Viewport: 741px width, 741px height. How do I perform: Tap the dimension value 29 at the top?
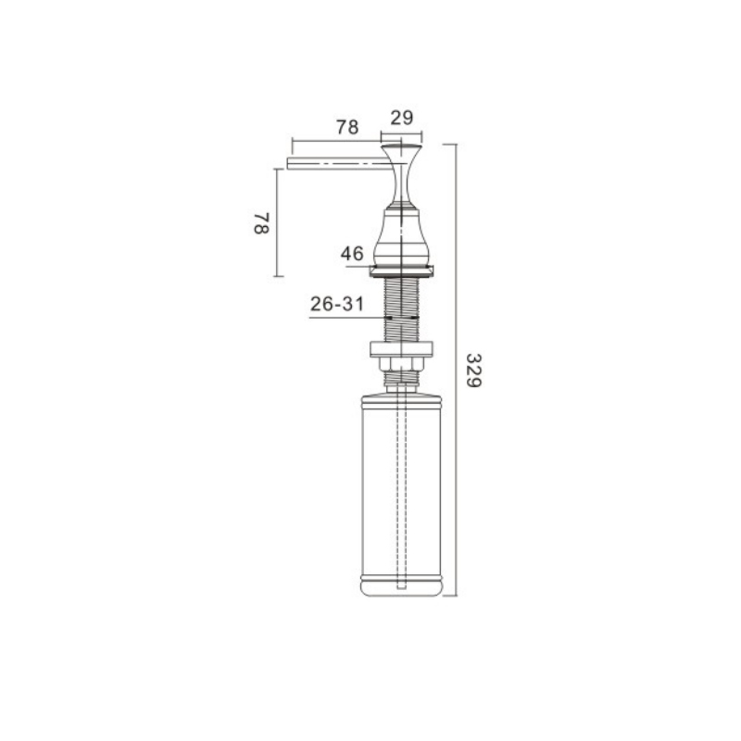coord(402,118)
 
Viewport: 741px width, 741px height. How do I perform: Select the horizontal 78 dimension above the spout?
coord(347,127)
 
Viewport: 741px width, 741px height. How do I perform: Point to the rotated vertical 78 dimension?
coord(261,223)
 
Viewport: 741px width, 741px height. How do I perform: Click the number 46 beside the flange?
coord(352,254)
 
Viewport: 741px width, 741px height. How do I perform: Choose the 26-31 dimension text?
coord(337,304)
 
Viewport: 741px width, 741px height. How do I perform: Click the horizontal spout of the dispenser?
coord(339,164)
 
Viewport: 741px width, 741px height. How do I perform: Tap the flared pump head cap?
coord(402,175)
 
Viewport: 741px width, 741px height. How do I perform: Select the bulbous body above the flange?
coord(402,236)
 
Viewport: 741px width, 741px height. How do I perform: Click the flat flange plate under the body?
coord(402,270)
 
